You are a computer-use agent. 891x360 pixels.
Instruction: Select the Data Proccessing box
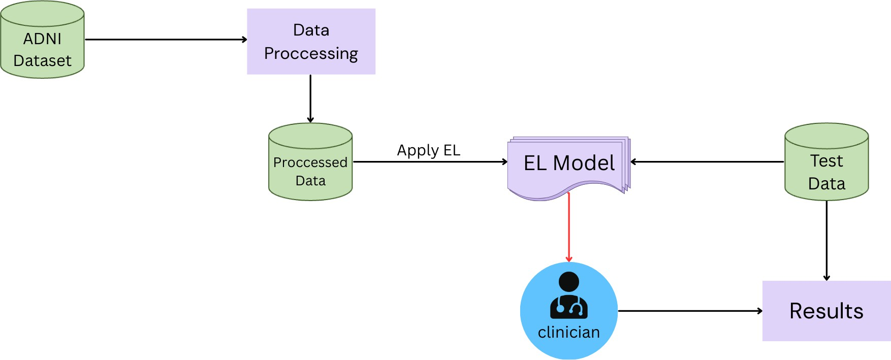coord(311,42)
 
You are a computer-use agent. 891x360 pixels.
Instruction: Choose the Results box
coord(826,311)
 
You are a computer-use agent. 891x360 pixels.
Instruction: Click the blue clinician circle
coord(569,311)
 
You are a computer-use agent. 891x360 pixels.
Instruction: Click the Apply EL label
coord(428,150)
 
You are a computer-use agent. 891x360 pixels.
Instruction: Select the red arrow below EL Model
coord(569,228)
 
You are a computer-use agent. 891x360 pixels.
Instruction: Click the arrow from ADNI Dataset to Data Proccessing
coord(166,40)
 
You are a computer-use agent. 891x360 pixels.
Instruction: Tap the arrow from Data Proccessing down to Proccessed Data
coord(310,99)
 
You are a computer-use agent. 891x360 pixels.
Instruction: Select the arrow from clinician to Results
coord(690,311)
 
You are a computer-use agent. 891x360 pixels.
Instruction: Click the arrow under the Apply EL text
coord(430,162)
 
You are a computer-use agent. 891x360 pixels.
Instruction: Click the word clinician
coord(569,332)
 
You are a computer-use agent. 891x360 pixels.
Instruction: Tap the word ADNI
coord(42,39)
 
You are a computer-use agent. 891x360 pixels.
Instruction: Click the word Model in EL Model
coord(584,163)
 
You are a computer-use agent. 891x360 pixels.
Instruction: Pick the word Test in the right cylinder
coord(826,161)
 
